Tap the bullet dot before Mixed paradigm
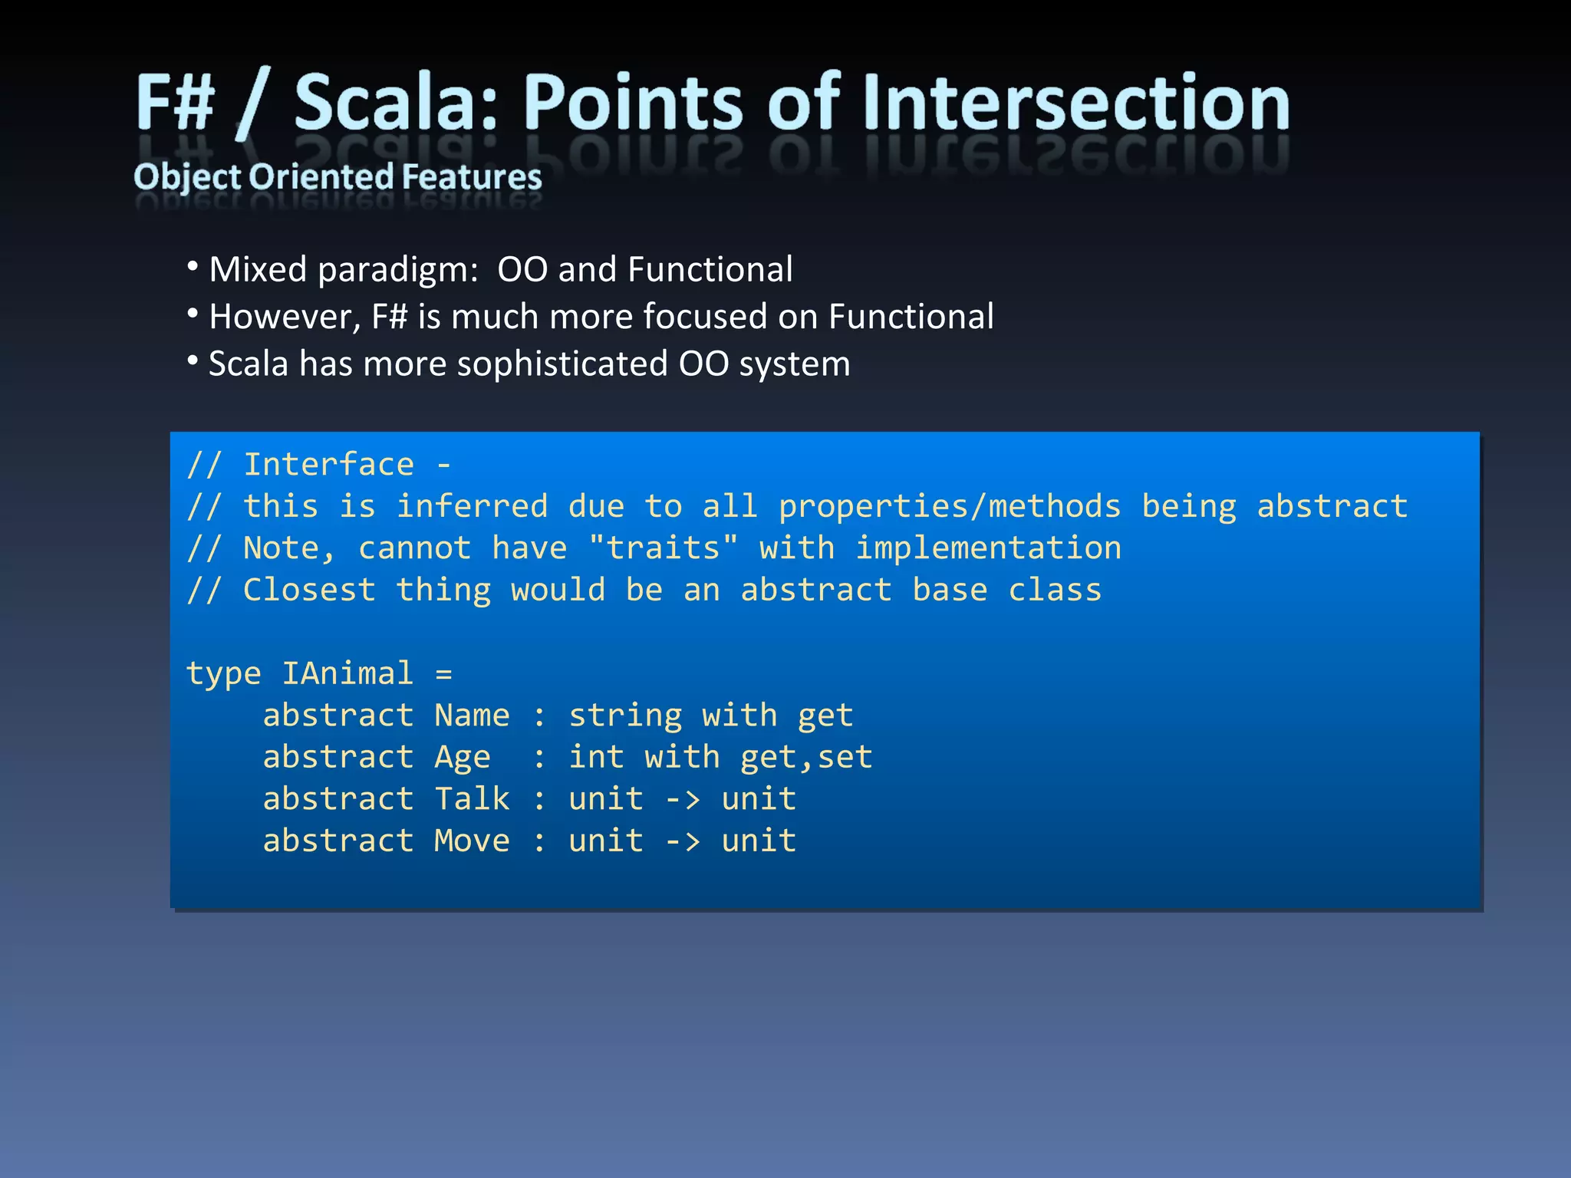[193, 267]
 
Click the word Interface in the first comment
[328, 465]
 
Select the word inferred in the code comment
[472, 506]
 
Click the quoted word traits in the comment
[664, 548]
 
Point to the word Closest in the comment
[309, 590]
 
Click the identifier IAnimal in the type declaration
[347, 673]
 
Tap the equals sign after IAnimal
[443, 674]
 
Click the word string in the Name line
[625, 716]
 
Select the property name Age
[462, 758]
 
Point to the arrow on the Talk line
[682, 800]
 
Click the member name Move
[472, 841]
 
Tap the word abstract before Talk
[338, 799]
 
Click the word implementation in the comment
[988, 548]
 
